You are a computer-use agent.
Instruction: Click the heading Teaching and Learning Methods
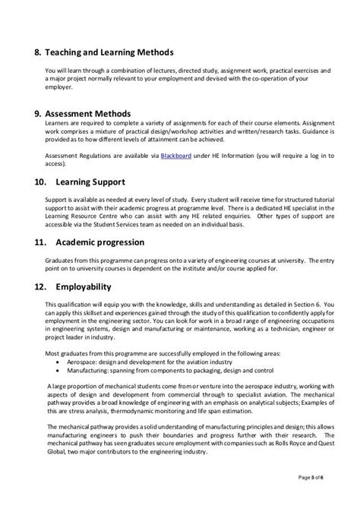click(115, 52)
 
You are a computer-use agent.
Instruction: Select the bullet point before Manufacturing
click(60, 371)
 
